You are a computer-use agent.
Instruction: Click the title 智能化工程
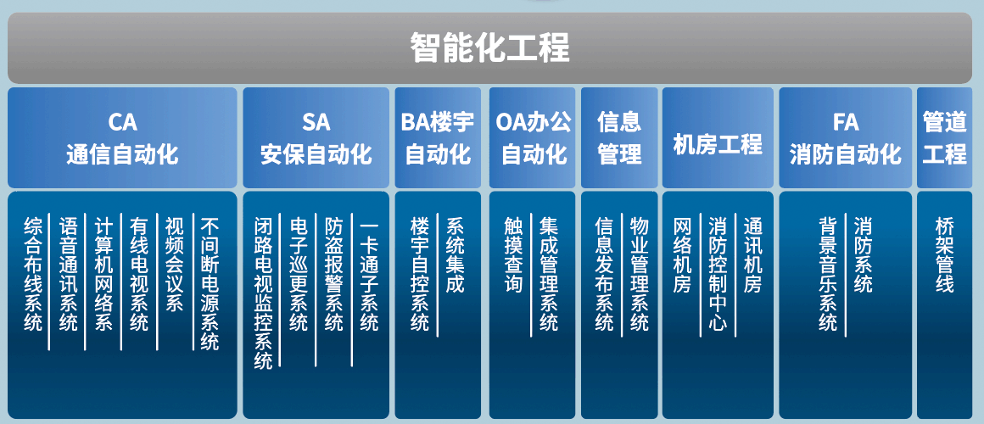coord(489,47)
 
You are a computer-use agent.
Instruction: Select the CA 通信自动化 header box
coord(122,138)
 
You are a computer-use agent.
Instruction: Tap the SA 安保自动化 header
coord(316,138)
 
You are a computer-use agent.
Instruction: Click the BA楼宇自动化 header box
coord(438,138)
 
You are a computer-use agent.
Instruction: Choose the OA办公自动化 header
coord(532,138)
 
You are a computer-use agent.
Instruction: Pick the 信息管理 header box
coord(619,138)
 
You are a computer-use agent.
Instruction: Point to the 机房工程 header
coord(718,138)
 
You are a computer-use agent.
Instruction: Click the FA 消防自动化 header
coord(846,138)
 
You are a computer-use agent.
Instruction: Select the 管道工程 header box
coord(944,138)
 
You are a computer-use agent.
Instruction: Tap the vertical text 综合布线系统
coord(32,274)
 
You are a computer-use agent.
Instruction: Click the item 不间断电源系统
coord(210,283)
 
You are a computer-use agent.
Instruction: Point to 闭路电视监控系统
coord(264,293)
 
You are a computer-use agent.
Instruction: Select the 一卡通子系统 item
coord(370,274)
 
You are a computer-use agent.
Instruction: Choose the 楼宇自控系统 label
coord(420,274)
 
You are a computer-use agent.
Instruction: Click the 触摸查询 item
coord(513,255)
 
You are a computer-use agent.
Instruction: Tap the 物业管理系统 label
coord(640,274)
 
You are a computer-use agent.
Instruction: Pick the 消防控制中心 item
coord(718,274)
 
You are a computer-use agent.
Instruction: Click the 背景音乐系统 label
coord(828,274)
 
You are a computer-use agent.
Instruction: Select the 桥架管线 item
coord(944,255)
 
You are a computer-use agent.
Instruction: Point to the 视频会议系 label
coord(174,265)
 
